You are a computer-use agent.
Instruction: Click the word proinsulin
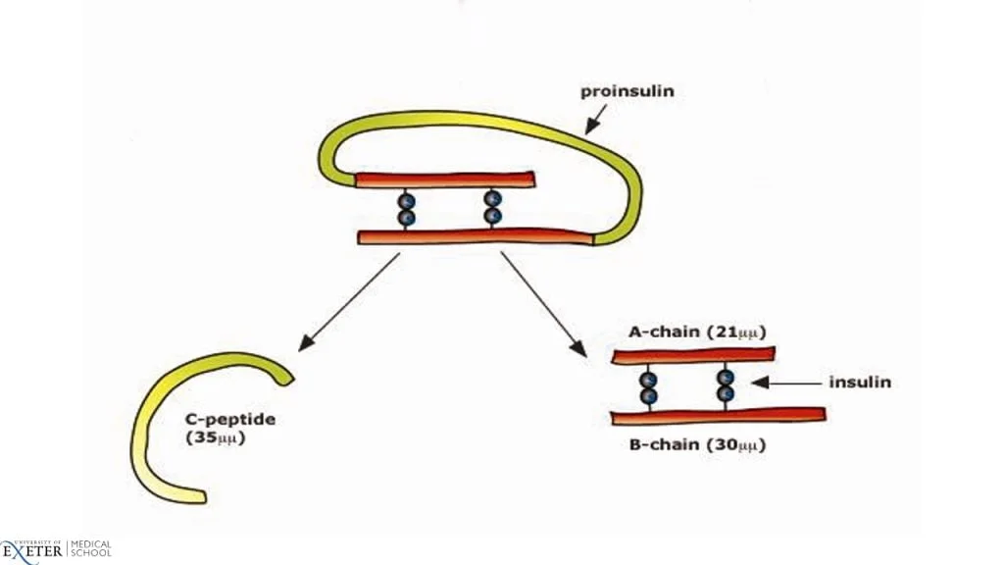627,91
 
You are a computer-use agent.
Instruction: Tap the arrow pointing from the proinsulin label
595,120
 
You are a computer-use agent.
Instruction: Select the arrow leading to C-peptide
349,302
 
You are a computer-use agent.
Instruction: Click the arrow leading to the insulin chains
543,304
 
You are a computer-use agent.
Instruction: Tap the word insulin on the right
860,383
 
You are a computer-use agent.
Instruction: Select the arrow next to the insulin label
785,384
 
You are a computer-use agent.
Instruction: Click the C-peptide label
230,420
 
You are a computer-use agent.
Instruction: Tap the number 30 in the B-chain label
726,445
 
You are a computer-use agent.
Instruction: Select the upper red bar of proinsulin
445,180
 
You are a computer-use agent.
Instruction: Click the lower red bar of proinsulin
476,237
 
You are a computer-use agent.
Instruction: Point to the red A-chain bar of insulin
693,355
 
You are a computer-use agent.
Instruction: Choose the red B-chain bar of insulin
719,416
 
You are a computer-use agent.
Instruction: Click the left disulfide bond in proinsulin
406,209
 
